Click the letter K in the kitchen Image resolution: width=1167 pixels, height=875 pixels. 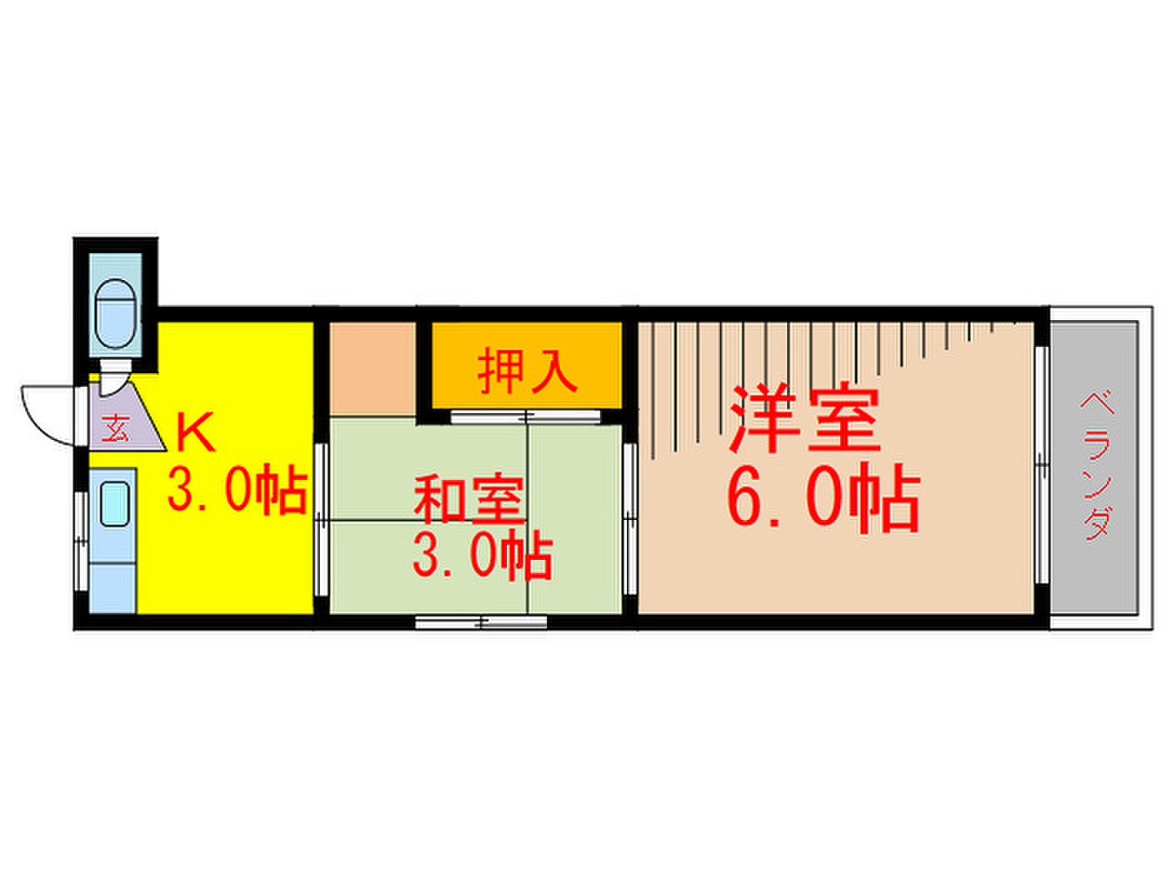[x=196, y=432]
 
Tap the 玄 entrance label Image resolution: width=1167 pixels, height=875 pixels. [x=115, y=427]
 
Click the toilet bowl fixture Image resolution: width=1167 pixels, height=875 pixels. [x=115, y=313]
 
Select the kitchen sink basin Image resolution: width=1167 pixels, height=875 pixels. [x=114, y=503]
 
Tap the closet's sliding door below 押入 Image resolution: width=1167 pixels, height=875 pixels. [x=525, y=417]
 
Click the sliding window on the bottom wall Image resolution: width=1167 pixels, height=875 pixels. [x=481, y=622]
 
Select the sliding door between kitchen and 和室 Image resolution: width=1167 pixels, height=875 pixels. [x=321, y=519]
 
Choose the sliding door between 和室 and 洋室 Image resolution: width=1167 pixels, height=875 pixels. [x=629, y=519]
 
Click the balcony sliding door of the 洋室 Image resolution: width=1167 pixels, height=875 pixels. [x=1041, y=465]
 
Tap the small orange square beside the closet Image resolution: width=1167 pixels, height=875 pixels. [x=372, y=367]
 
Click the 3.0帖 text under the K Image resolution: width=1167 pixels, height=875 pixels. [x=238, y=489]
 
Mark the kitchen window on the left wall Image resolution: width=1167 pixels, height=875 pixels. [x=81, y=541]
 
